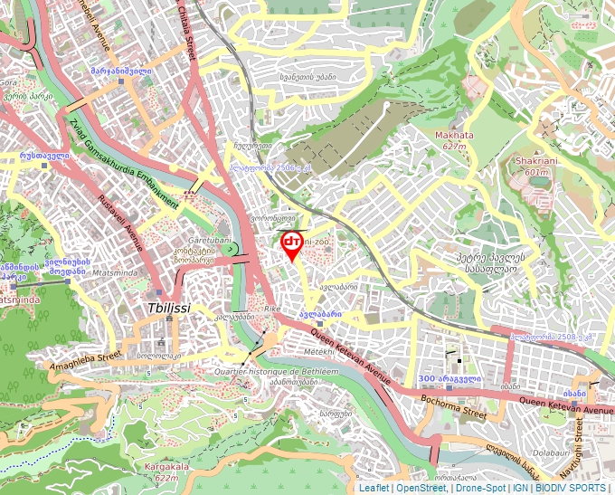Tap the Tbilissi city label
tap(168, 308)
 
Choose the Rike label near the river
tap(272, 309)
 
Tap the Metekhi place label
tap(318, 350)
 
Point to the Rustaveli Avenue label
tap(119, 223)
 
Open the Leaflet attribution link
tap(374, 488)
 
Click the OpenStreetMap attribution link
tap(421, 488)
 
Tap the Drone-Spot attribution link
tap(479, 488)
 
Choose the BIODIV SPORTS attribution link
tap(570, 488)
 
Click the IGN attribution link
tap(520, 488)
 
